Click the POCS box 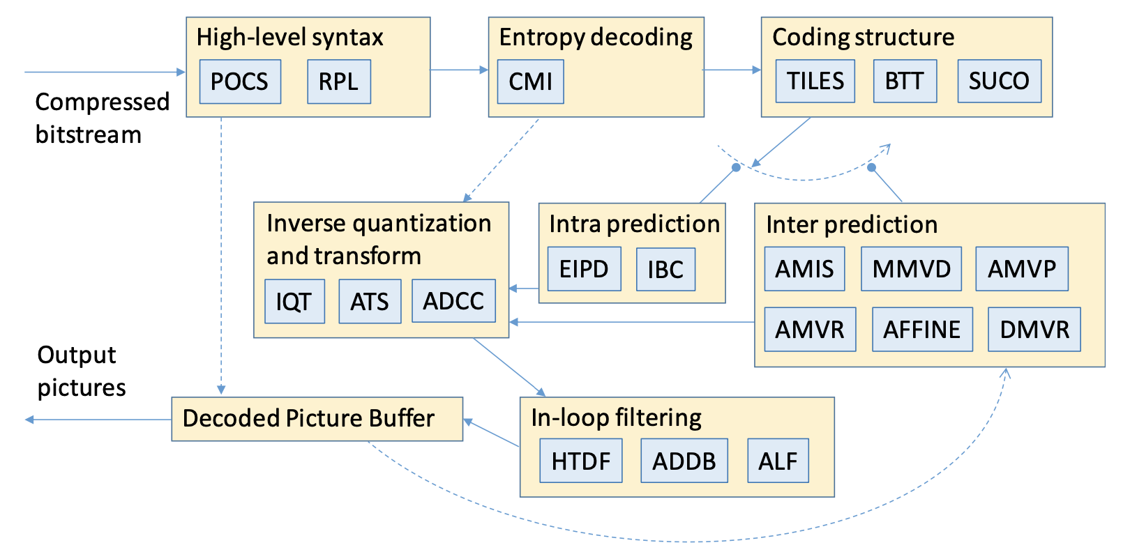coord(240,82)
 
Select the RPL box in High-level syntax coord(338,82)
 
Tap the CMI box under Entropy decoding coord(530,82)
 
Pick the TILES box coord(815,81)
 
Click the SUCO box coord(999,81)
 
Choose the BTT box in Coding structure coord(905,81)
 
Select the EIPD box coord(584,269)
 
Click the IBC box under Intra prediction coord(665,270)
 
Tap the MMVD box coord(911,269)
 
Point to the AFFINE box coord(922,329)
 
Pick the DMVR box coord(1034,329)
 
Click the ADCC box coord(453,301)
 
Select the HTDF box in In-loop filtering coord(580,461)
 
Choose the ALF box coord(778,461)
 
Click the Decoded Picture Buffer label coord(308,418)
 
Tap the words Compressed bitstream coord(102,118)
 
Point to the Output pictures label coord(81,371)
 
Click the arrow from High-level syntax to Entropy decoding coord(459,70)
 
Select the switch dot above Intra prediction coord(736,167)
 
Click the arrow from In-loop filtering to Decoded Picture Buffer coord(491,433)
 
